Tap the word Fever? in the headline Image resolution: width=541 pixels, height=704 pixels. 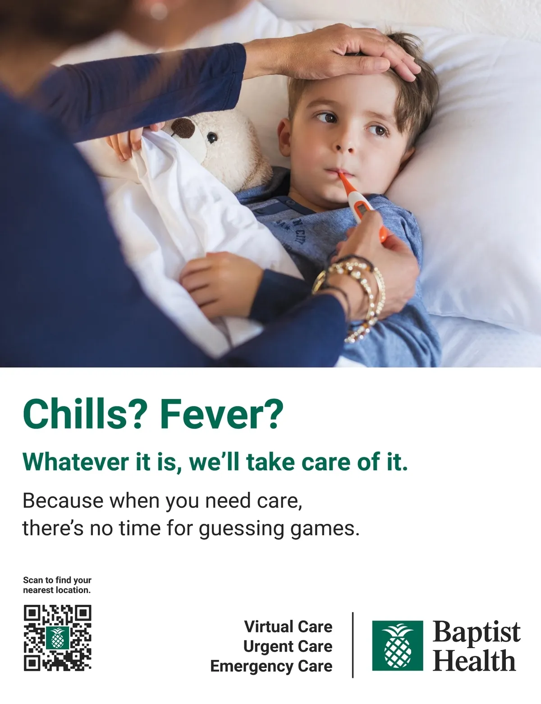tap(221, 414)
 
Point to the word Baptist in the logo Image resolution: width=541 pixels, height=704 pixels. tap(477, 631)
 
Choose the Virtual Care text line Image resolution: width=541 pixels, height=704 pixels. tap(289, 626)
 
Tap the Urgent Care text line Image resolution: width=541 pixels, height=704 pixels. tap(288, 647)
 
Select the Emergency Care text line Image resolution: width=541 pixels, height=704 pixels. tap(271, 667)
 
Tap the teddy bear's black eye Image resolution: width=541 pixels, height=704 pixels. tap(212, 137)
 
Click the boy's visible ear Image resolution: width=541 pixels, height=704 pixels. tap(285, 137)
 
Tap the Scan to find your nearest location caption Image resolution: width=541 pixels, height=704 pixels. tap(57, 585)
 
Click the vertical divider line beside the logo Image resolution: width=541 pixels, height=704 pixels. tap(353, 645)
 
